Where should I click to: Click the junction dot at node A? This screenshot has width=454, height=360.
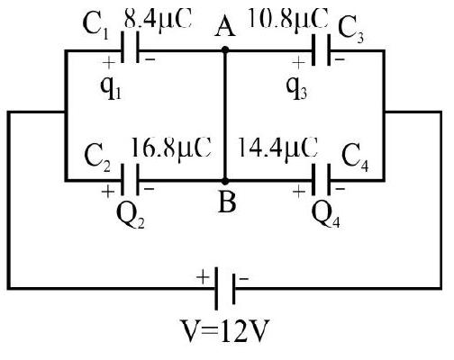pyautogui.click(x=225, y=49)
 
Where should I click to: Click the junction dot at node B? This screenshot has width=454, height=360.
pyautogui.click(x=225, y=181)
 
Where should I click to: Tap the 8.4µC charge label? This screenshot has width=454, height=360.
pyautogui.click(x=158, y=19)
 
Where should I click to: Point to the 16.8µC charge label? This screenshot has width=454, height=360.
pyautogui.click(x=171, y=148)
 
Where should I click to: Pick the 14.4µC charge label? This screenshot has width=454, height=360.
pyautogui.click(x=277, y=148)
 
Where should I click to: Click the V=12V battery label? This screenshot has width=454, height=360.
pyautogui.click(x=224, y=331)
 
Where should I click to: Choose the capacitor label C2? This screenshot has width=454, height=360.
pyautogui.click(x=97, y=157)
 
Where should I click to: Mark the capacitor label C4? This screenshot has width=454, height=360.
pyautogui.click(x=355, y=158)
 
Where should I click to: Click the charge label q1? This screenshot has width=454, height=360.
pyautogui.click(x=111, y=88)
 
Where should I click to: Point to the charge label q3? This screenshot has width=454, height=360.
pyautogui.click(x=296, y=88)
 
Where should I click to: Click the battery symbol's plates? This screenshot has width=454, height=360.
pyautogui.click(x=224, y=289)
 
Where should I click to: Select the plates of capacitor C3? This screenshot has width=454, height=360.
pyautogui.click(x=321, y=49)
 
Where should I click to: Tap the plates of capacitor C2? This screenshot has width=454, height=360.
pyautogui.click(x=130, y=180)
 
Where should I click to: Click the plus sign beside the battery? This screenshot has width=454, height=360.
pyautogui.click(x=203, y=277)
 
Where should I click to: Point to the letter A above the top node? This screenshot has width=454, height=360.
pyautogui.click(x=225, y=29)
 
